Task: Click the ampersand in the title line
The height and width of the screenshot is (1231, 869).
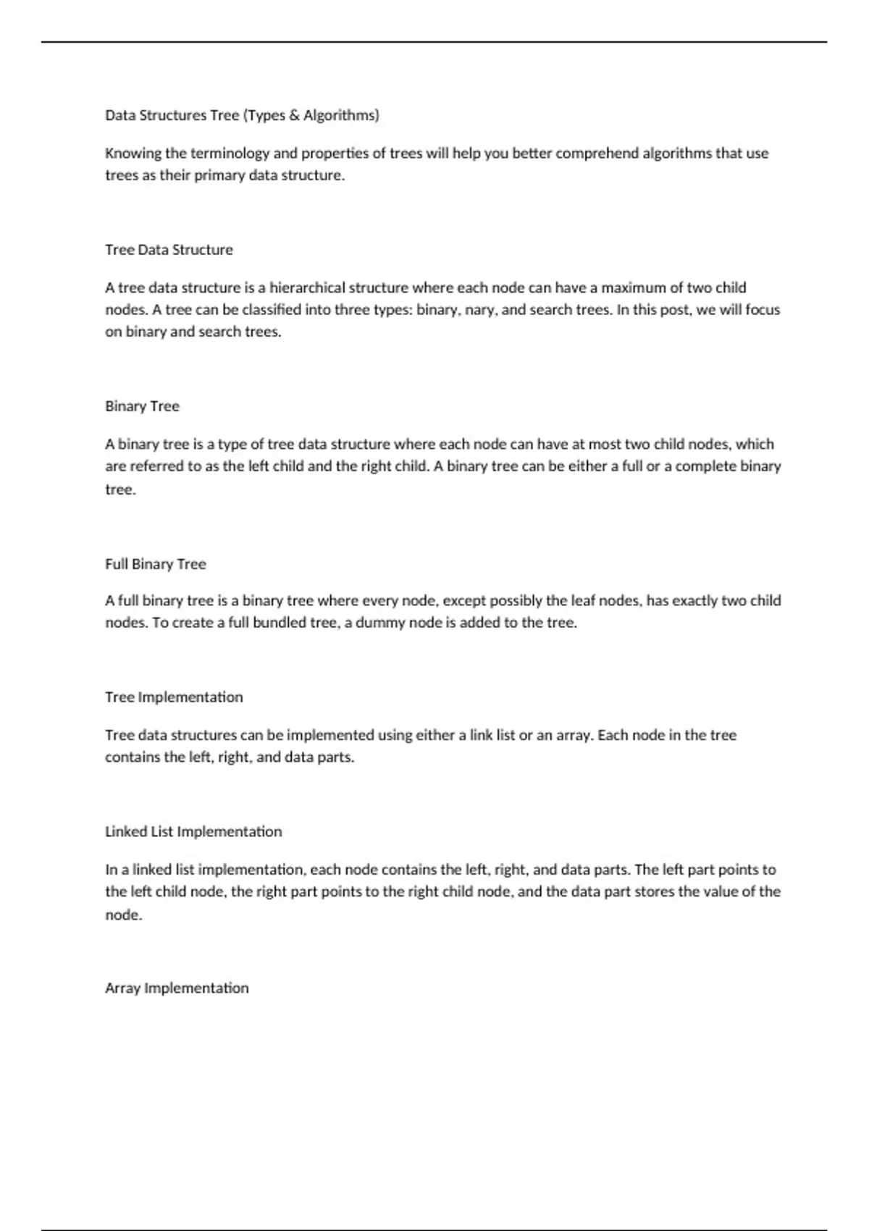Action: click(294, 115)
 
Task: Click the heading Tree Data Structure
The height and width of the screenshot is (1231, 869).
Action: click(169, 250)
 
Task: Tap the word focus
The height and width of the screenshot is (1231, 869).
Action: click(763, 310)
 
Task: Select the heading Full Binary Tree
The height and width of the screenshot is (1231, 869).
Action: click(155, 564)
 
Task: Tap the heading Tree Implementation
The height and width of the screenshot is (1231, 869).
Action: click(174, 697)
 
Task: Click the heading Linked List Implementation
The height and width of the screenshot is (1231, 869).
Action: click(193, 832)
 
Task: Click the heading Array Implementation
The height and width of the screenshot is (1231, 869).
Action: click(177, 988)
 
